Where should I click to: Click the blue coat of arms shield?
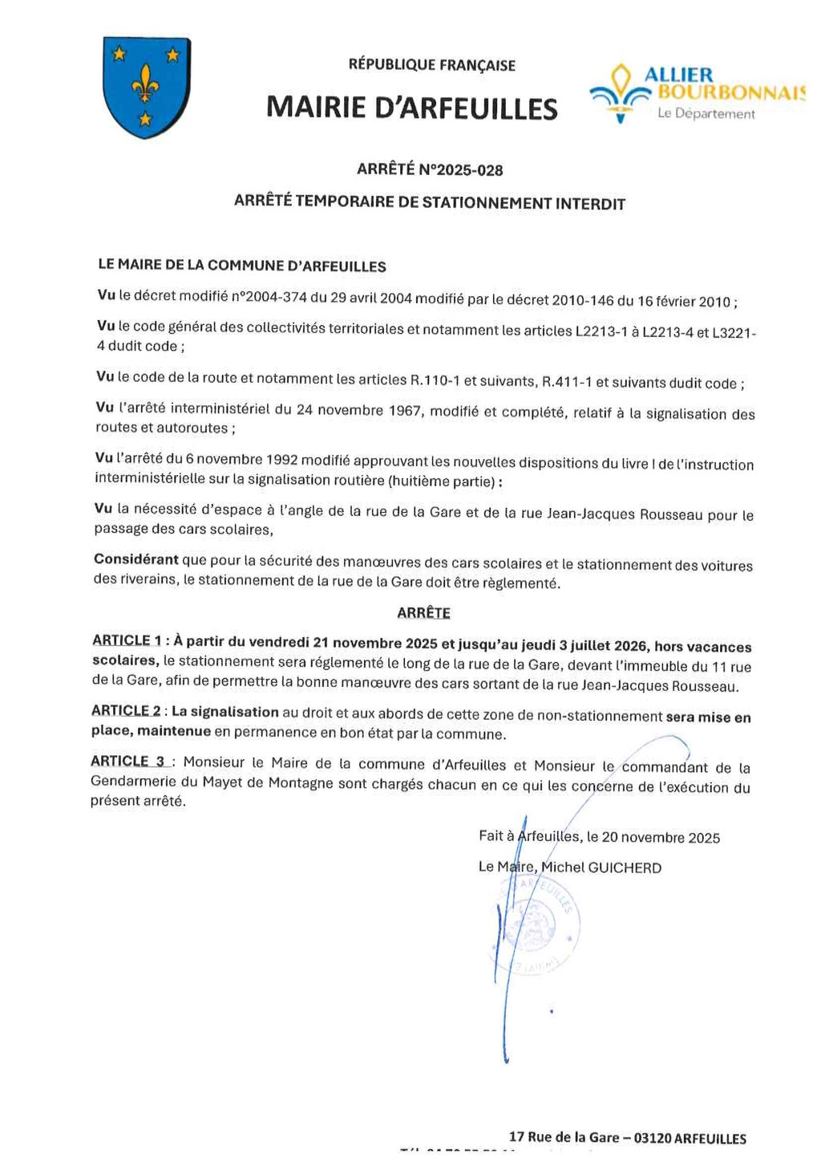pos(147,87)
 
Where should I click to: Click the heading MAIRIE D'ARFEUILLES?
pos(411,108)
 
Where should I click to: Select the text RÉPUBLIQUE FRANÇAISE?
pos(431,65)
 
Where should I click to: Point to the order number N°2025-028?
pos(462,170)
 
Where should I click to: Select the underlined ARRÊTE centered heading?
pos(423,613)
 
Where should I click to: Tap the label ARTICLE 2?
pos(126,711)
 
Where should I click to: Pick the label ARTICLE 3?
pos(127,762)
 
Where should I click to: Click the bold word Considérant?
pos(135,559)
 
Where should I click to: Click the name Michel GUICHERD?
pos(601,867)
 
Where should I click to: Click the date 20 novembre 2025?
pos(661,838)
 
